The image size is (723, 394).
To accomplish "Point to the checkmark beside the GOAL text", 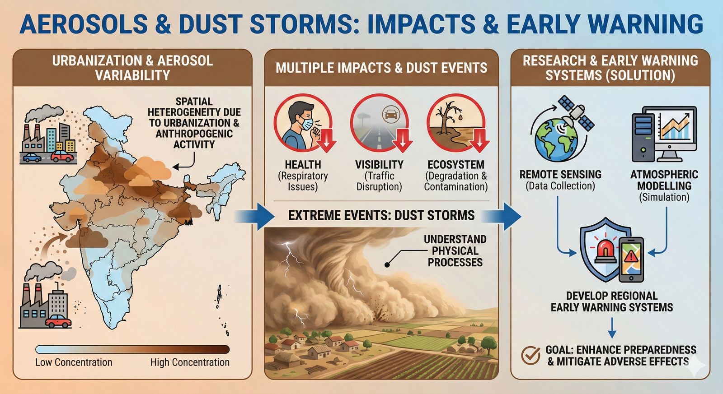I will tap(531, 356).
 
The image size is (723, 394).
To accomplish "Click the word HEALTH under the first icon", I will tap(303, 165).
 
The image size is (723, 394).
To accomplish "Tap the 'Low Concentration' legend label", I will tap(74, 362).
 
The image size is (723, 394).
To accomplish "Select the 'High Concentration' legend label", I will tap(190, 362).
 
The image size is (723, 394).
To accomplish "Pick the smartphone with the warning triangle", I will tap(631, 260).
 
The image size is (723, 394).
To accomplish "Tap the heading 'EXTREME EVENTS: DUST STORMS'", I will tap(381, 215).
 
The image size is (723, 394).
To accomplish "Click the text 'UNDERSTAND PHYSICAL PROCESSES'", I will tap(455, 251).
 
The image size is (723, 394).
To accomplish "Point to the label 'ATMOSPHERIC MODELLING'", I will tap(664, 180).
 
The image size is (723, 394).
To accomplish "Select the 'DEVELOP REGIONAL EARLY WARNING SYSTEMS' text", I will tap(611, 301).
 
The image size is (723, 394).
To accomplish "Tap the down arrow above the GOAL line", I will tap(612, 328).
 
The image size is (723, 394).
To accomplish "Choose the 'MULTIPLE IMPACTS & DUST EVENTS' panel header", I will tap(381, 68).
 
